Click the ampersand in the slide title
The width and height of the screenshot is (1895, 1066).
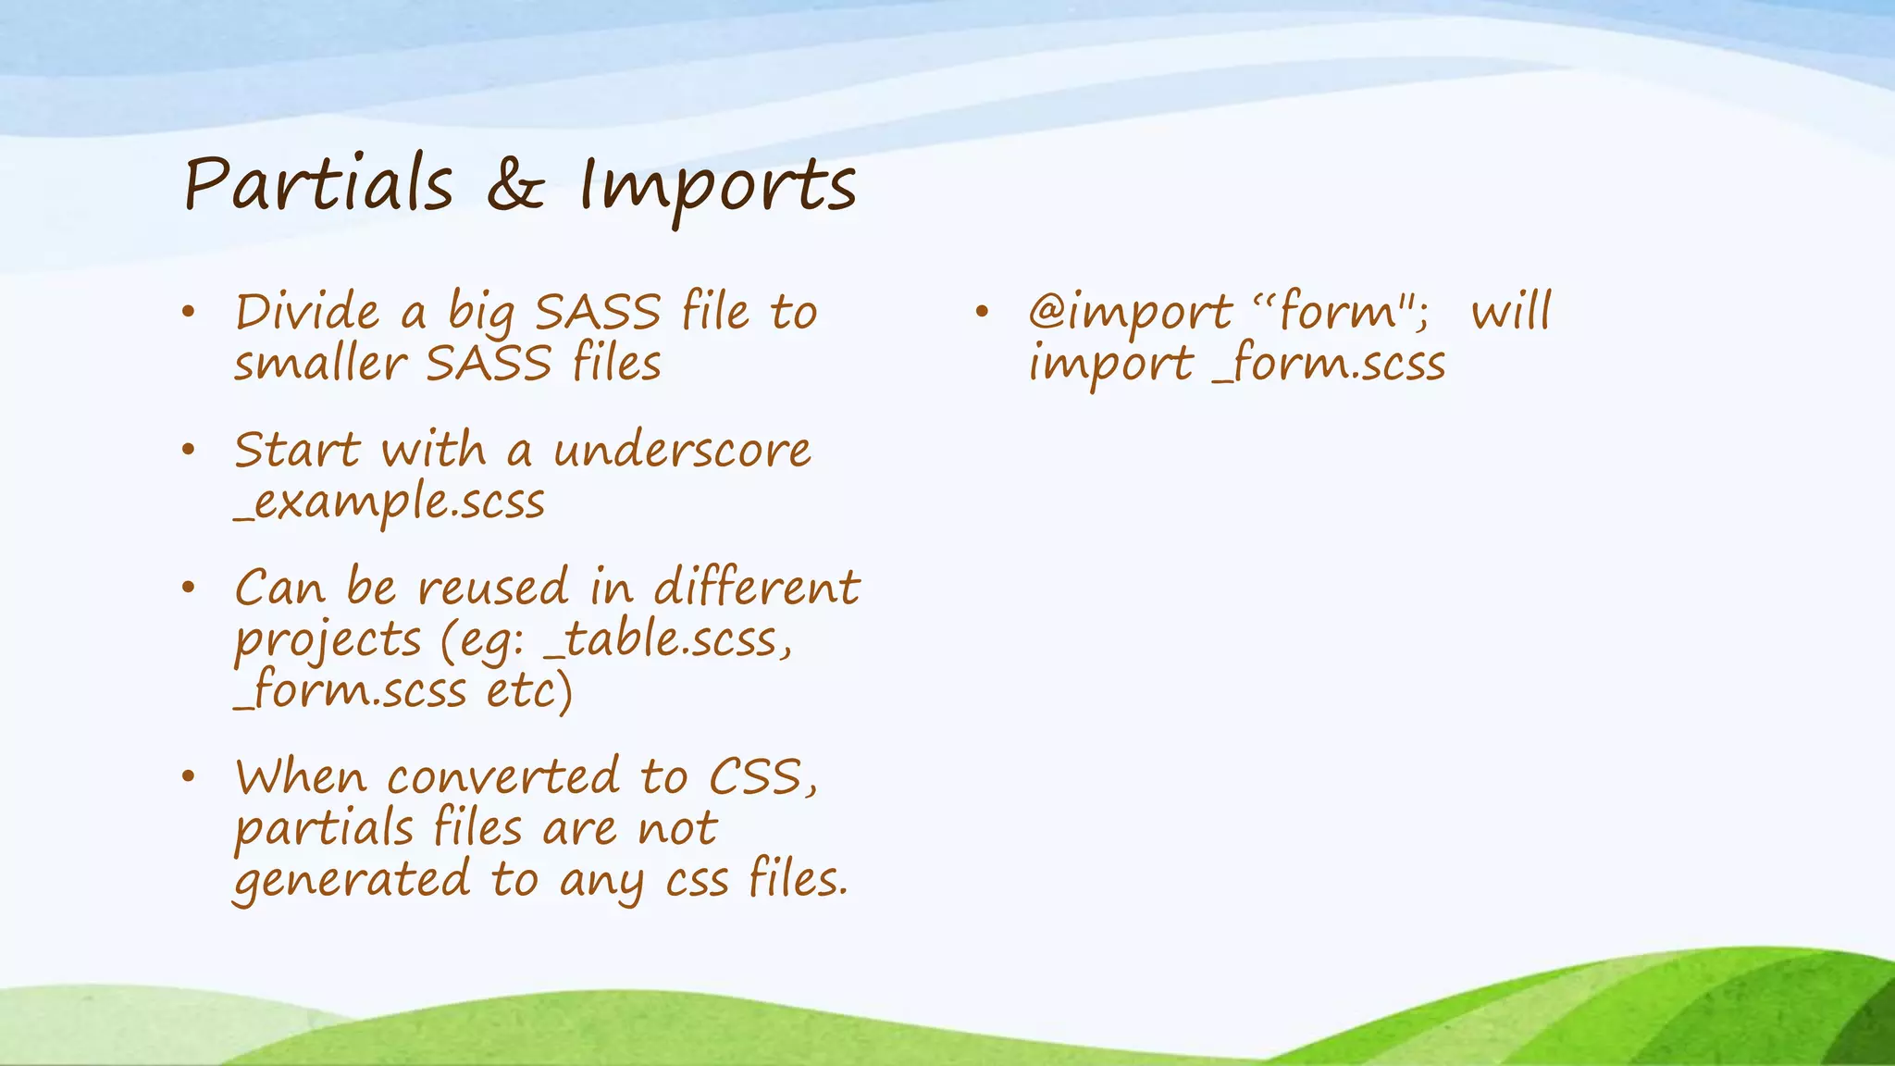(514, 185)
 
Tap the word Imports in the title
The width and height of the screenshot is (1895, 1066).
(717, 188)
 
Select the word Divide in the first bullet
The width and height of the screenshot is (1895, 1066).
(307, 312)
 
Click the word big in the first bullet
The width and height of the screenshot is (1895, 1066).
(481, 315)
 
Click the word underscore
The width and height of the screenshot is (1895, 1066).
(682, 452)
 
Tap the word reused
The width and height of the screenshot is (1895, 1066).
(492, 589)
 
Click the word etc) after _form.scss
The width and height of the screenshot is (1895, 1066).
(530, 691)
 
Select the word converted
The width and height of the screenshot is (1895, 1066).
(503, 777)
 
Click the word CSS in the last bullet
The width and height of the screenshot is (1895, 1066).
(761, 777)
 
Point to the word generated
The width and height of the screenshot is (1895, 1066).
(352, 881)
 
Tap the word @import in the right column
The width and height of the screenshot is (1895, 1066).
(1130, 313)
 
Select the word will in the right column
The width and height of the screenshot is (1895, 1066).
(1511, 313)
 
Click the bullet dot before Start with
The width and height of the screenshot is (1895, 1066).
(189, 451)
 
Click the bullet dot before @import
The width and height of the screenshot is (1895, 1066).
(982, 312)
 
